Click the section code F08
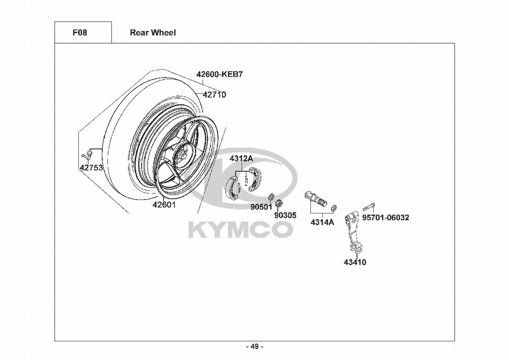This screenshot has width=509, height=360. tap(80, 33)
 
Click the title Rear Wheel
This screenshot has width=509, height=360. tap(153, 33)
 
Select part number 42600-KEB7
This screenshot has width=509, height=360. tap(219, 75)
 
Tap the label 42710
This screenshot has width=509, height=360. tap(214, 95)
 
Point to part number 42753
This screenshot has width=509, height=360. tap(91, 168)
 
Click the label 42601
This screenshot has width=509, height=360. tap(164, 205)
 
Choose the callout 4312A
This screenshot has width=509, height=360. tap(241, 158)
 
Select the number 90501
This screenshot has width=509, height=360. tap(262, 207)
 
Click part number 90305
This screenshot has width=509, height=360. tap(285, 215)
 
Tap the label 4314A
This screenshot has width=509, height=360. tap(322, 222)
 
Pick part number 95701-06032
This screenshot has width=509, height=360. tap(385, 217)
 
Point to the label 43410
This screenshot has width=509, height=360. tap(355, 262)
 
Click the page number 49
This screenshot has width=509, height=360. tap(254, 347)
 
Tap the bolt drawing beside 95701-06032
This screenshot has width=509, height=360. tap(368, 207)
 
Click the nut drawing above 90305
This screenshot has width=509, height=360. tap(278, 204)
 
